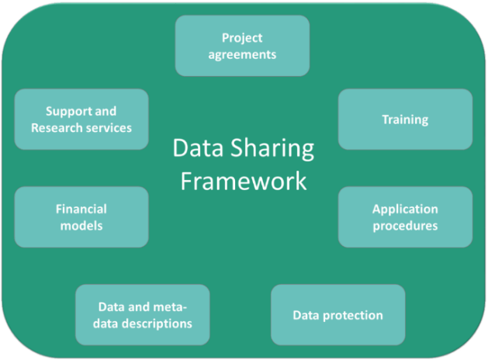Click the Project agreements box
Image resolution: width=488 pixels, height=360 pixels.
point(242,46)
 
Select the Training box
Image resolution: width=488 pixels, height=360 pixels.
point(405,119)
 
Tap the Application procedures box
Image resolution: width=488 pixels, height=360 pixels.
point(405,217)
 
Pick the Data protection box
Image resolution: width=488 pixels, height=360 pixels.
point(338,315)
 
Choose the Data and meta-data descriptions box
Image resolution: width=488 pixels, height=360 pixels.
point(143,315)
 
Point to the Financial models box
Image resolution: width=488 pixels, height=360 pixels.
point(81,217)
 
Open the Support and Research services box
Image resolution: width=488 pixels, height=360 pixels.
point(81,119)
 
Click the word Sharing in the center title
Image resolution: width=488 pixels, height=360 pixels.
point(272,149)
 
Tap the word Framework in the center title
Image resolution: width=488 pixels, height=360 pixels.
point(244,181)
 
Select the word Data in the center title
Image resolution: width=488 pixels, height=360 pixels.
point(199,147)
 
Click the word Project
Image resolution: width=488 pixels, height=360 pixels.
point(242,39)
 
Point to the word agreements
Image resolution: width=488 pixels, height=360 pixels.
point(242,55)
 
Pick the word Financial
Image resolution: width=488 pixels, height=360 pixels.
point(81,209)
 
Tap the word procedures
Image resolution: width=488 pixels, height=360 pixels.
point(405,227)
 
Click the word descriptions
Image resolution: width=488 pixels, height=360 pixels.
point(157,324)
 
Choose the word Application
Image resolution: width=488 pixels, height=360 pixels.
point(405,209)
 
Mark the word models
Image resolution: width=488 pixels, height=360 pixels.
point(81,226)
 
